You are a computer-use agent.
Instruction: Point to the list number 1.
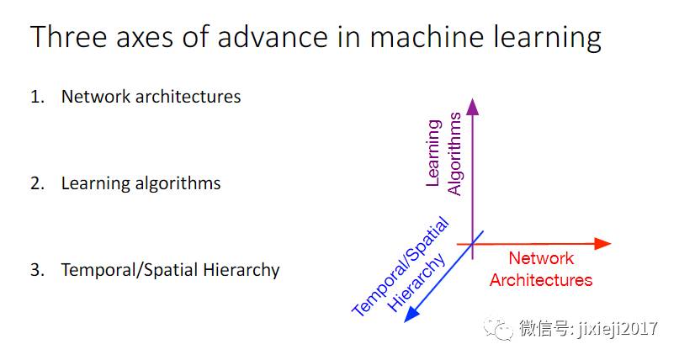click(x=36, y=97)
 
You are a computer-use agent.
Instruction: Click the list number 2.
click(x=36, y=183)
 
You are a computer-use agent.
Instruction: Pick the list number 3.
click(x=36, y=270)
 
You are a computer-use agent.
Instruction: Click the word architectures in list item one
click(x=187, y=97)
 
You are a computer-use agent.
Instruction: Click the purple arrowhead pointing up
click(x=472, y=107)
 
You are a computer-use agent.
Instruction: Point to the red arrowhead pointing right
click(x=602, y=244)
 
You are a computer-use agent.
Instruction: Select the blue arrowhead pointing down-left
click(x=412, y=315)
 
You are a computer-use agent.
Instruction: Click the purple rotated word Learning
click(x=433, y=151)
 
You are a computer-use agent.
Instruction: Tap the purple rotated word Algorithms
click(x=454, y=156)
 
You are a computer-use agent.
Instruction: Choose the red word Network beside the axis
click(x=541, y=258)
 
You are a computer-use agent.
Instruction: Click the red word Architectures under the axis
click(x=541, y=279)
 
